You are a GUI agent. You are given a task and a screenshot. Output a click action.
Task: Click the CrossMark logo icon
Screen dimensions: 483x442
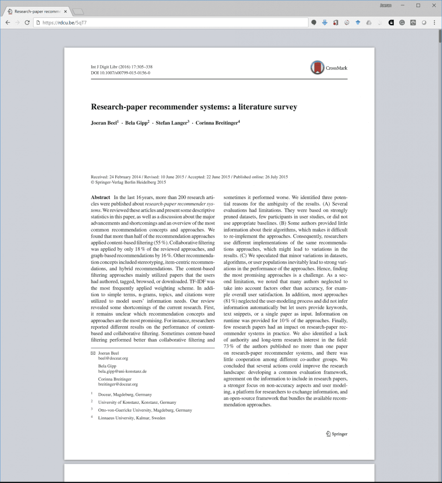point(317,67)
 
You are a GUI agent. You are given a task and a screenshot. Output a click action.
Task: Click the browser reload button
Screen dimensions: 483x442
point(27,22)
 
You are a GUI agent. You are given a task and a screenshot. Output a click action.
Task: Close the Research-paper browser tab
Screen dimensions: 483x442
point(66,11)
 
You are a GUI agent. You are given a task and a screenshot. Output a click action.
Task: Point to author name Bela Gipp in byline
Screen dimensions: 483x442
point(135,123)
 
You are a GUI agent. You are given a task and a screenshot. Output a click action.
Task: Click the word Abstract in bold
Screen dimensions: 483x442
point(100,197)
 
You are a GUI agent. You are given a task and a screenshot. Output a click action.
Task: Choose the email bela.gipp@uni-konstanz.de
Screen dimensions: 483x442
point(122,371)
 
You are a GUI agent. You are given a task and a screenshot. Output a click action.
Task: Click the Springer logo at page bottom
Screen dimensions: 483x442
point(336,434)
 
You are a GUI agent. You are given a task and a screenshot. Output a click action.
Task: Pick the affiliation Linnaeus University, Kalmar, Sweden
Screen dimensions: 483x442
point(132,418)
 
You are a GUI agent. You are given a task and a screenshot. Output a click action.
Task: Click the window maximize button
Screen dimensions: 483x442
point(418,5)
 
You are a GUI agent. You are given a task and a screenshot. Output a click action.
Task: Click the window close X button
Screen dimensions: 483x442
point(434,5)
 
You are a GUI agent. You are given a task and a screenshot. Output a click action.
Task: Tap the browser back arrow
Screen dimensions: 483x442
point(8,22)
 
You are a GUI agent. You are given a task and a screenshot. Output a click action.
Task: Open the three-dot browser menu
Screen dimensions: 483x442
point(434,22)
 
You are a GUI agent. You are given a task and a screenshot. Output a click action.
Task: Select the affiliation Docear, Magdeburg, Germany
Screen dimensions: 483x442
point(125,394)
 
